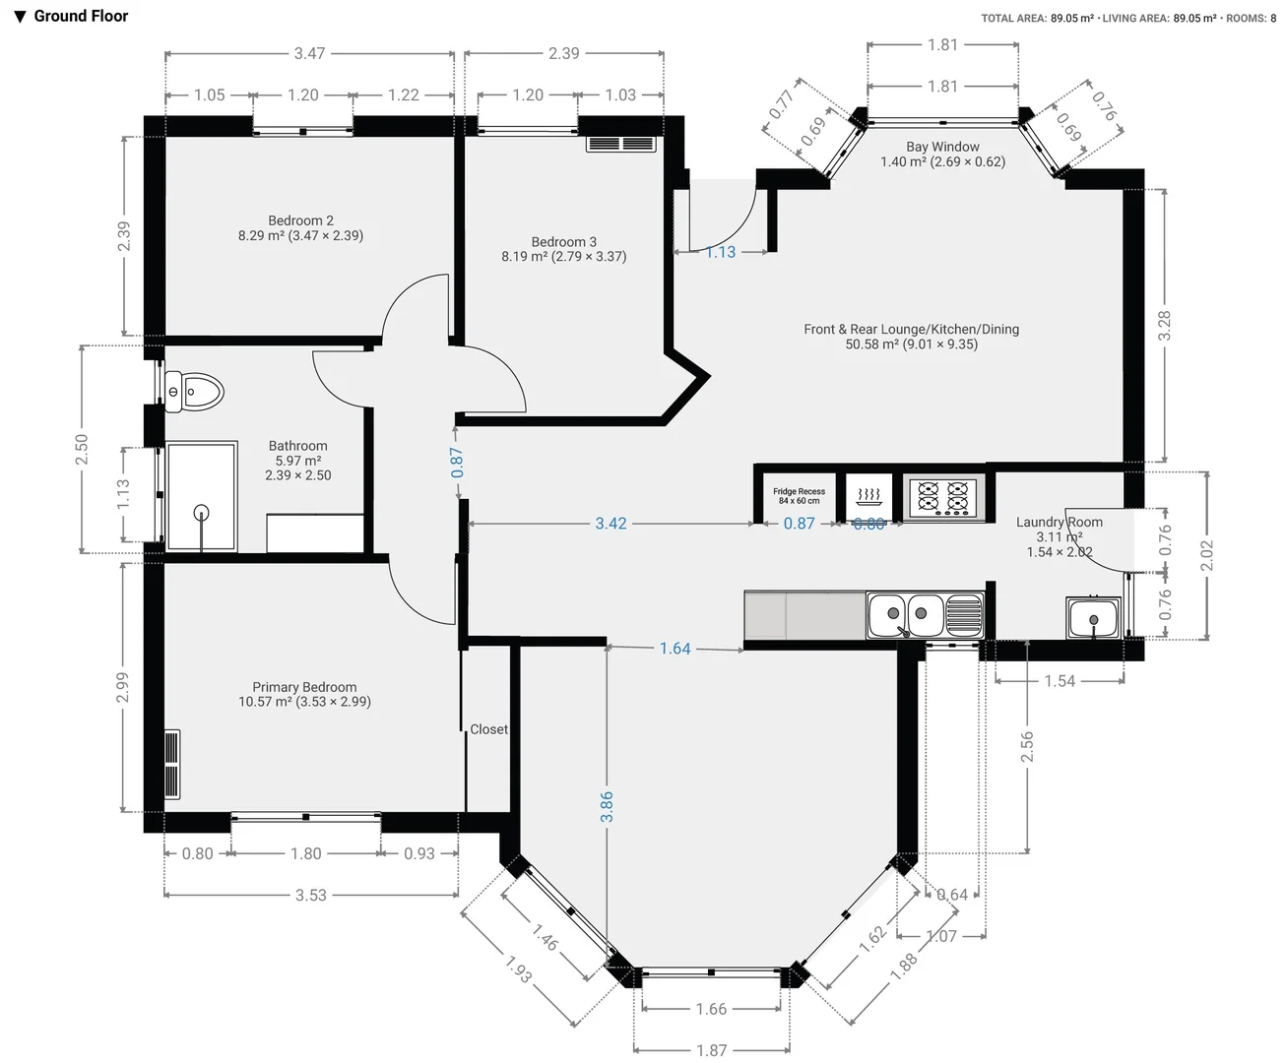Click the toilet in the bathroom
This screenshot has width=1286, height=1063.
pyautogui.click(x=195, y=392)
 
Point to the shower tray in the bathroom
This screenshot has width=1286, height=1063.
pyautogui.click(x=202, y=496)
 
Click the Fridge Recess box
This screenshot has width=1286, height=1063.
pyautogui.click(x=799, y=495)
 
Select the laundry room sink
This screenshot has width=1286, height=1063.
pyautogui.click(x=1093, y=617)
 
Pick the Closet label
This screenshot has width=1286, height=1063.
pyautogui.click(x=488, y=729)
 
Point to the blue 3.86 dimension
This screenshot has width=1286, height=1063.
pyautogui.click(x=607, y=806)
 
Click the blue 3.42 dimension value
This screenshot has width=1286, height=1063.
pyautogui.click(x=611, y=524)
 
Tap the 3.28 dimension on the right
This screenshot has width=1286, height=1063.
pyautogui.click(x=1165, y=326)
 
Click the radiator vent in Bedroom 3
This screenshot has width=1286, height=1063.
pyautogui.click(x=620, y=144)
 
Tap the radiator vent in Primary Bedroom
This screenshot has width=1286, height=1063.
pyautogui.click(x=172, y=765)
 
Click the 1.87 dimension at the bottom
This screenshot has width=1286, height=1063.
pyautogui.click(x=711, y=1050)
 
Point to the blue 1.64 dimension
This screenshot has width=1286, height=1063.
pyautogui.click(x=675, y=649)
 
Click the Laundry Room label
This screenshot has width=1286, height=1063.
pyautogui.click(x=1060, y=523)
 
